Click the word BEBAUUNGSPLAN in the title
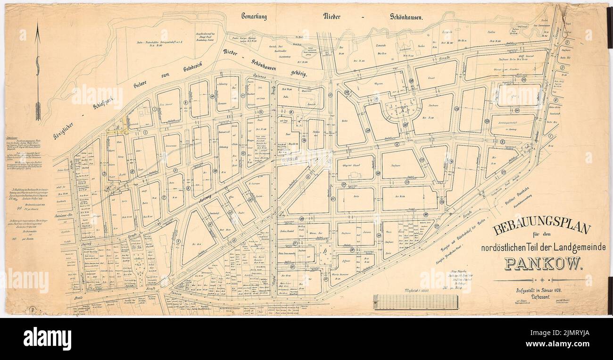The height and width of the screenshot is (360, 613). [x=541, y=229]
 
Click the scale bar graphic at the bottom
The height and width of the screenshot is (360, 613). [x=415, y=302]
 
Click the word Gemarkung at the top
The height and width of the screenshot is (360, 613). [x=254, y=17]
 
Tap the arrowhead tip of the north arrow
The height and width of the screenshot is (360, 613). [x=38, y=25]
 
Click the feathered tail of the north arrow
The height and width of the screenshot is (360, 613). [x=38, y=111]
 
